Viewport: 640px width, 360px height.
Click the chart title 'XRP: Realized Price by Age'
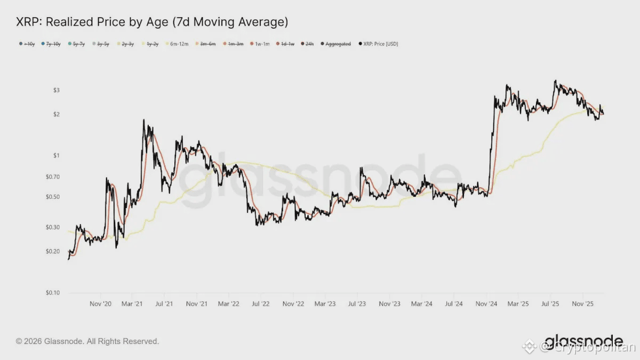tap(152, 22)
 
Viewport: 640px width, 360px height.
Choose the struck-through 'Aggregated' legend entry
tap(338, 44)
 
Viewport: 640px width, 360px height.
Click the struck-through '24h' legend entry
tap(309, 44)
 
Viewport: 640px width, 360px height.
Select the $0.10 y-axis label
tap(52, 293)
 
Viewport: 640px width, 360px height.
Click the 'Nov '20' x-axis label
tap(100, 303)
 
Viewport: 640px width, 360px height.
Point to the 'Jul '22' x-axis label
tap(260, 303)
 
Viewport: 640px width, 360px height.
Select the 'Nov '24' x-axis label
tap(486, 303)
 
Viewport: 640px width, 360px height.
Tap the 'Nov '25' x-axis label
tap(582, 303)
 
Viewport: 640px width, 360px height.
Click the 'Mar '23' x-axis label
tap(325, 303)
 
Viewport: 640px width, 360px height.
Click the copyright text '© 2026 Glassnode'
tap(87, 341)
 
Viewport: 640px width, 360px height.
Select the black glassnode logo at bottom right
tap(583, 341)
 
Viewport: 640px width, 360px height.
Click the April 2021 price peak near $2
tap(144, 121)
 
